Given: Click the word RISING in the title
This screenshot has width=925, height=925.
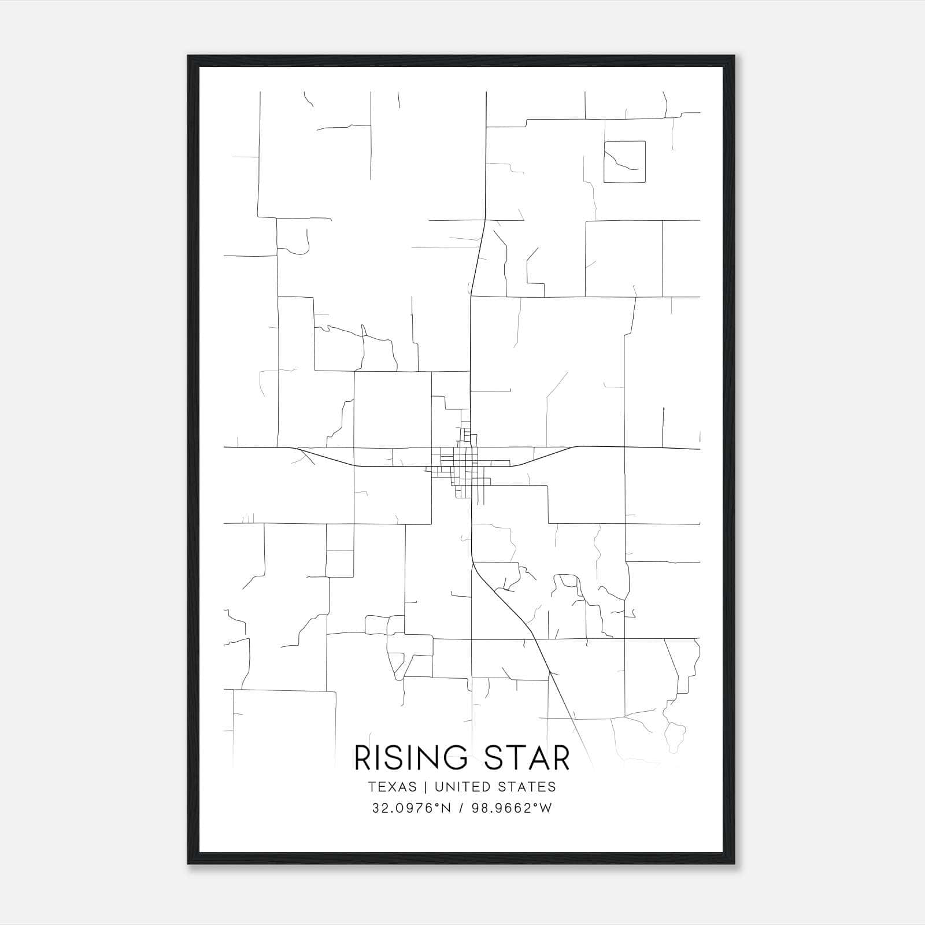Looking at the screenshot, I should tap(410, 758).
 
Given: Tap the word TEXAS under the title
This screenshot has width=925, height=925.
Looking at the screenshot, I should tap(391, 787).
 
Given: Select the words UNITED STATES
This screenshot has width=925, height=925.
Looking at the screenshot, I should tap(495, 787).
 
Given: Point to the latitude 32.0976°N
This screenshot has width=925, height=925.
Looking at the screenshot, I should tap(410, 808).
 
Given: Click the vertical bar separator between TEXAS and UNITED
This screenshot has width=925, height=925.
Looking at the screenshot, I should tap(425, 787).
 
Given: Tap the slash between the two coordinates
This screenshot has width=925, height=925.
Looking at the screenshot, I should tap(461, 808).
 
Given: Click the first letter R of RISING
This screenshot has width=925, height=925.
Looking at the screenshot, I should tap(362, 758).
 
